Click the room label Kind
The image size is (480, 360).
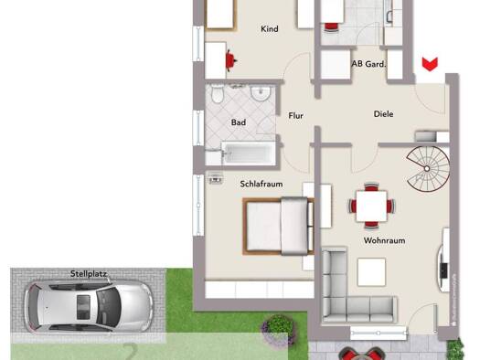(x=269, y=29)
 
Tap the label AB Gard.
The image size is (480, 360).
(x=368, y=64)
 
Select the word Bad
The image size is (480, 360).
(x=239, y=122)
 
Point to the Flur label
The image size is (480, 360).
(x=295, y=116)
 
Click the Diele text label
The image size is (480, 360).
(x=383, y=114)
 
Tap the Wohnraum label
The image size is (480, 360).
(x=384, y=240)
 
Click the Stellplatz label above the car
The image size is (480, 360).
(x=90, y=273)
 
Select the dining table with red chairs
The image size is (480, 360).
(x=369, y=206)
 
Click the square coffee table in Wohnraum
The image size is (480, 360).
(x=371, y=272)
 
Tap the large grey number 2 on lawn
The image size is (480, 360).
(x=131, y=350)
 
